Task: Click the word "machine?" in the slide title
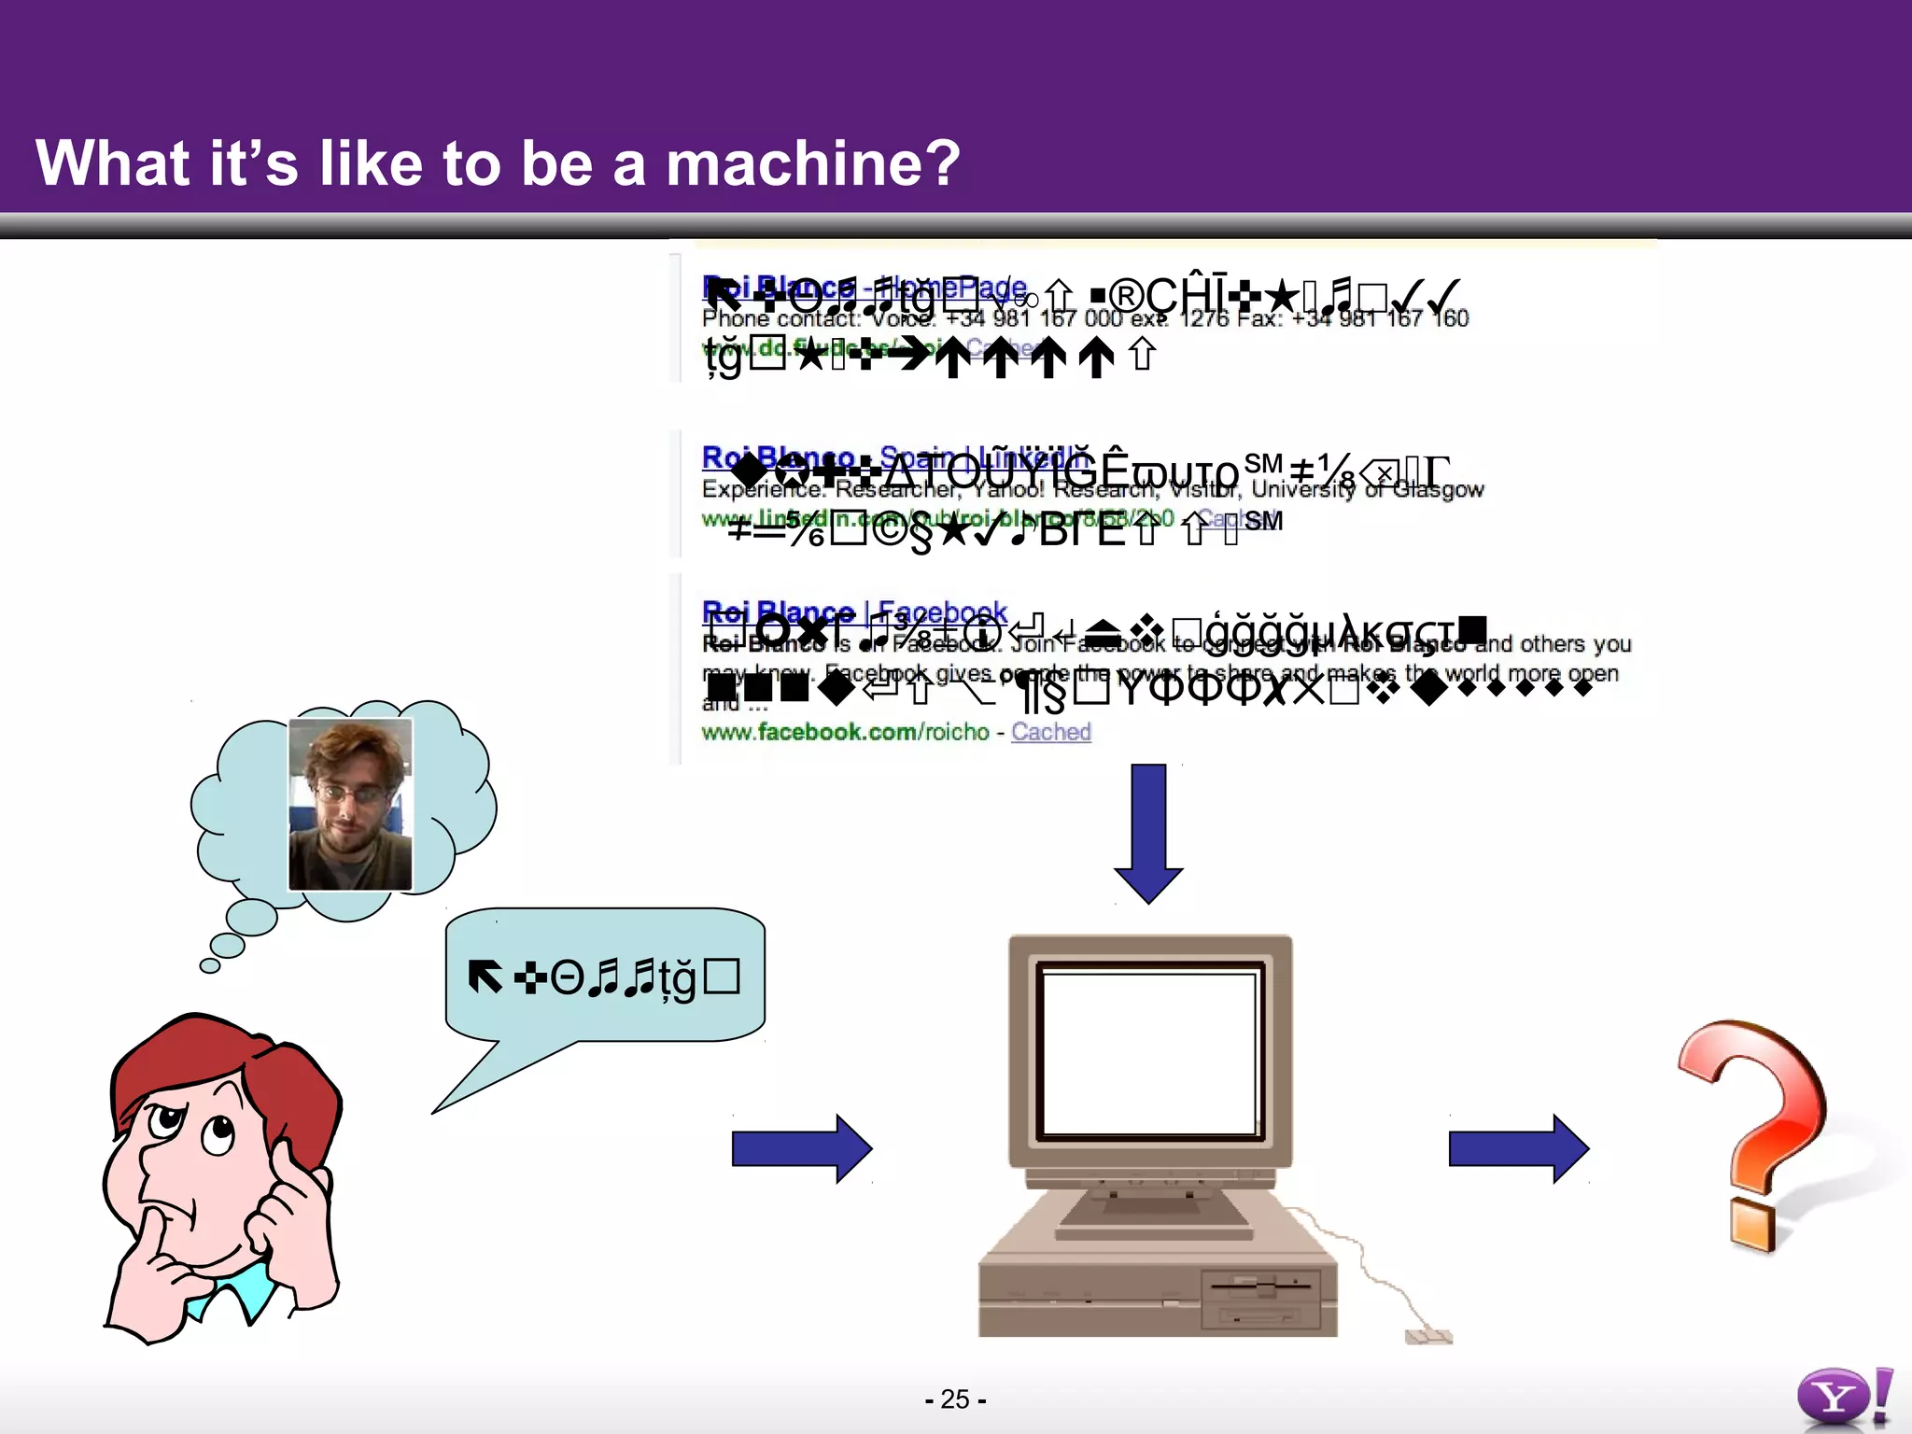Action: [x=812, y=163]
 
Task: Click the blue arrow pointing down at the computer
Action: [x=1148, y=831]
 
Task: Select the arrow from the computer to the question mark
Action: [x=1517, y=1148]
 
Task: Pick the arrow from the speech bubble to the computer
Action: [x=801, y=1148]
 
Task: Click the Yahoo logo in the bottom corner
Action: [x=1844, y=1398]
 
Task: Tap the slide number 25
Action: [x=954, y=1399]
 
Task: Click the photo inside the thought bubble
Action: [x=350, y=805]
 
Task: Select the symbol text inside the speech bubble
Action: [x=603, y=977]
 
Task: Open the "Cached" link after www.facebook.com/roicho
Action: [x=1050, y=732]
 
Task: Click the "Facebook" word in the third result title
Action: [x=942, y=612]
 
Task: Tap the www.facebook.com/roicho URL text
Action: [x=844, y=732]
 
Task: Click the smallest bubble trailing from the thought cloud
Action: [x=210, y=965]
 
